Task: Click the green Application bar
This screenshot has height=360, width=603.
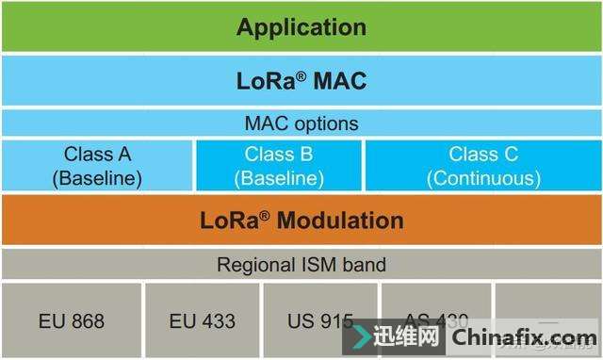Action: point(301,26)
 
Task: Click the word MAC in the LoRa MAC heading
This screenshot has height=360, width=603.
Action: point(335,81)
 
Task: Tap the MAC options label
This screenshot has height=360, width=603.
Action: point(301,123)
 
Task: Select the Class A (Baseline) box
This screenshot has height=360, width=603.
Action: point(97,165)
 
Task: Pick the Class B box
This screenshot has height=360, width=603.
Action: point(278,165)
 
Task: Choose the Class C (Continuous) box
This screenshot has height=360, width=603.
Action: point(482,165)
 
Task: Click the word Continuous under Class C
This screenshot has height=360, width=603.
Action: point(483,177)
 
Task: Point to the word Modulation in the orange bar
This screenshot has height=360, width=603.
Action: point(342,221)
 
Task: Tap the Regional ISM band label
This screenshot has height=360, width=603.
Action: point(301,265)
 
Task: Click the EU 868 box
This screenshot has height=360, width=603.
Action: point(72,320)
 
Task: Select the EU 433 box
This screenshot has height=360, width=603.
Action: point(202,320)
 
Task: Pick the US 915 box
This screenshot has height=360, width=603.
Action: point(320,320)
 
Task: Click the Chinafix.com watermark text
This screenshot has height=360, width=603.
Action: point(524,337)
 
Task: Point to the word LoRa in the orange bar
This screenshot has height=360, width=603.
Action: point(230,221)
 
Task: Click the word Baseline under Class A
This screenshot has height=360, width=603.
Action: point(97,177)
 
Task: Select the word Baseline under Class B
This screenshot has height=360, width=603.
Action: point(278,177)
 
